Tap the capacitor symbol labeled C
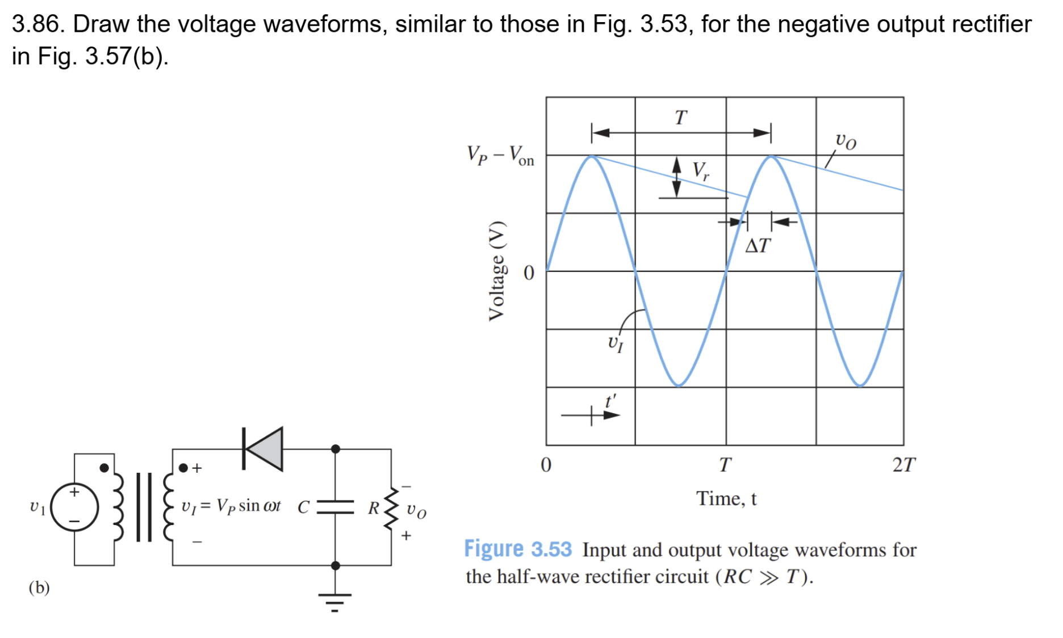tap(335, 507)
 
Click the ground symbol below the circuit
tap(335, 601)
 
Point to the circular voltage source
tap(74, 507)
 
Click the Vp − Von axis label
tap(500, 155)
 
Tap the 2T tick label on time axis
tap(903, 465)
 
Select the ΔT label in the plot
tap(758, 246)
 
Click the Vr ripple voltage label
tap(701, 170)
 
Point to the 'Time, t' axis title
tap(726, 498)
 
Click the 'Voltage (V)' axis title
tap(496, 271)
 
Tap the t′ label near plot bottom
tap(610, 402)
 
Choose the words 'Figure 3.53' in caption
tap(517, 549)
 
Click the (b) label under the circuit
tap(39, 587)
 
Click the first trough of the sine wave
tap(679, 385)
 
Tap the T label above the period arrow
tap(680, 118)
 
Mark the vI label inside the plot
tap(616, 343)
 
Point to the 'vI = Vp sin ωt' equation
tap(231, 506)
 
